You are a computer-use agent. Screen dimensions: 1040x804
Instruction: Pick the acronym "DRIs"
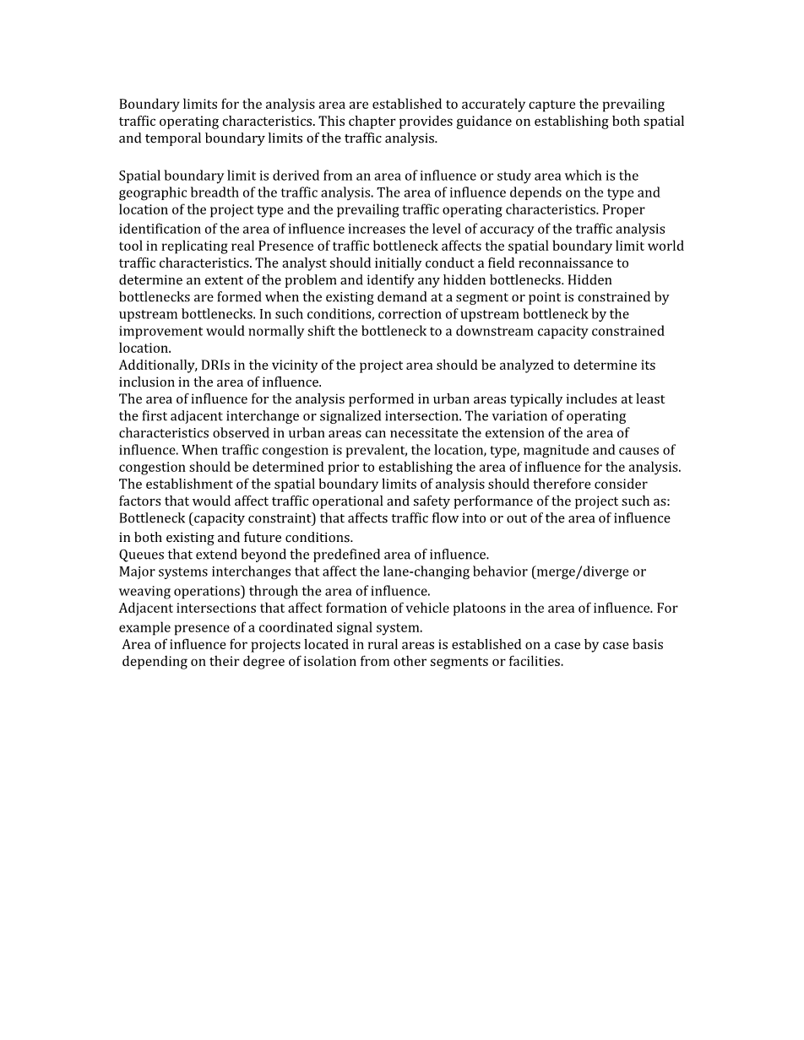216,366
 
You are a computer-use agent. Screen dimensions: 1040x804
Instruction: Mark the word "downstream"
490,331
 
